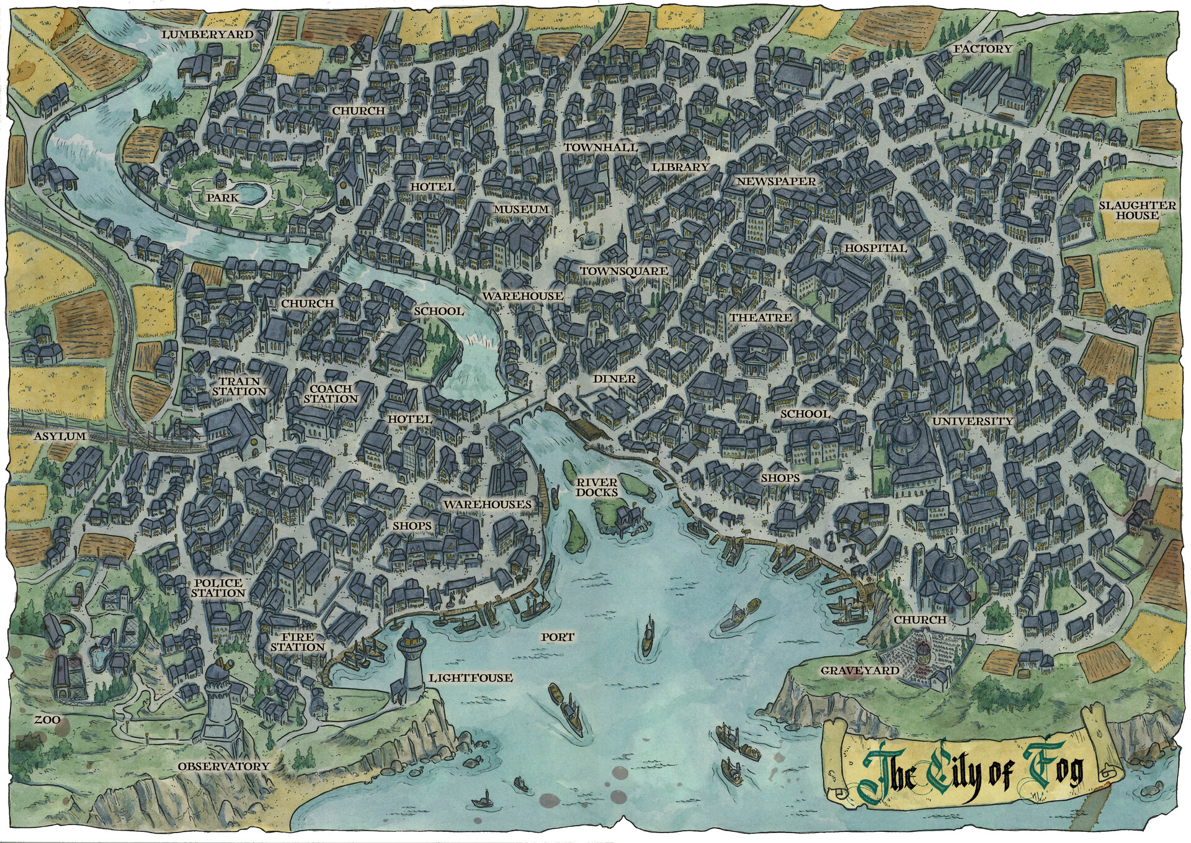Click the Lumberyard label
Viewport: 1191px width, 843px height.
point(208,35)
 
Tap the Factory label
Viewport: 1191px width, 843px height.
point(982,48)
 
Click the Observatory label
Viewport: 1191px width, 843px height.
point(223,767)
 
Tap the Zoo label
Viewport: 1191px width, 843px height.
point(47,719)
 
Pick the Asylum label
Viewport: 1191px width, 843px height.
point(60,436)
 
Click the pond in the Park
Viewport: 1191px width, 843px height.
point(251,194)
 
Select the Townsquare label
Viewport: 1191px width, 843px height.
point(624,271)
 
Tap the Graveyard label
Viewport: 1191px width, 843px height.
point(859,670)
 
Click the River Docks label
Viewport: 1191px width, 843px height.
point(596,487)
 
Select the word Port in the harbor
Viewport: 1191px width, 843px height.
point(557,637)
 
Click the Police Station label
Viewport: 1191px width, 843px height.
point(217,588)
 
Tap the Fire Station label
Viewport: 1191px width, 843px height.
point(297,642)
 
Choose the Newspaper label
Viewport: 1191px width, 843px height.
point(775,181)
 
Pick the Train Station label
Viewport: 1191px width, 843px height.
point(239,386)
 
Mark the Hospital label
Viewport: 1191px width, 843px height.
point(875,248)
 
